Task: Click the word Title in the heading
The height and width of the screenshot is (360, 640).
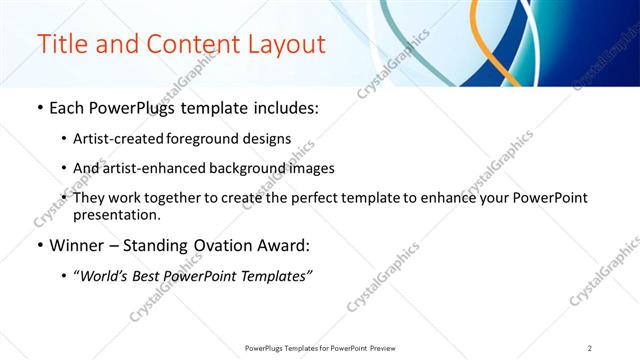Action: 61,45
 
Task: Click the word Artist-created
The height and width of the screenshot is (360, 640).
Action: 115,139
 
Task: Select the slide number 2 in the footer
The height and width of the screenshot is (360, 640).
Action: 590,348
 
